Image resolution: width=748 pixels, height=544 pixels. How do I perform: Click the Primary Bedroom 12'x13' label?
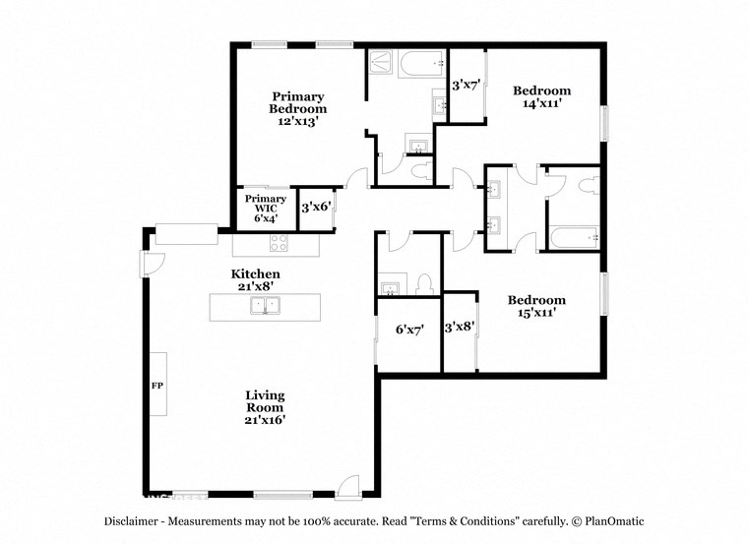coord(298,109)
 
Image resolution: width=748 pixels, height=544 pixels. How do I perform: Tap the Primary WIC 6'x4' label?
coord(266,209)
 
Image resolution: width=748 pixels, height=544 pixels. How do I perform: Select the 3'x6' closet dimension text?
coord(315,208)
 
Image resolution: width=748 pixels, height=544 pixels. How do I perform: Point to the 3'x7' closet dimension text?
coord(465,86)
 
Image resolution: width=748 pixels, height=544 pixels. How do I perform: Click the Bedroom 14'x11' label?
coord(541,96)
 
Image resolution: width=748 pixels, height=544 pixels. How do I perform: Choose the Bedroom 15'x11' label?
coord(536,306)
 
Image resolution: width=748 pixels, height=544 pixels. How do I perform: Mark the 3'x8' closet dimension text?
coord(460,327)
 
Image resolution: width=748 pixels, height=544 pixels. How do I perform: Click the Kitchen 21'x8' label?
coord(256,279)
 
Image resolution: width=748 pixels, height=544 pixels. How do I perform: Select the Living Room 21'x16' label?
coord(265,407)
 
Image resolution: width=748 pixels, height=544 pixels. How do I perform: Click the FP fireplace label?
coord(156,385)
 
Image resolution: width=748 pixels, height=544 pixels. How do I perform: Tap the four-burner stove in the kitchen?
coord(279,244)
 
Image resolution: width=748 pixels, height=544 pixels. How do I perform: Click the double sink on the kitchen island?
coord(265,306)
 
